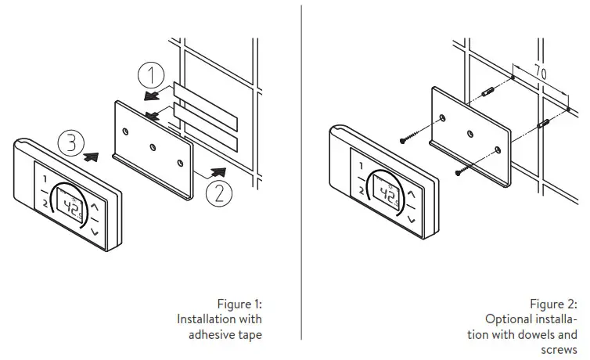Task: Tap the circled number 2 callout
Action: pyautogui.click(x=218, y=191)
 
